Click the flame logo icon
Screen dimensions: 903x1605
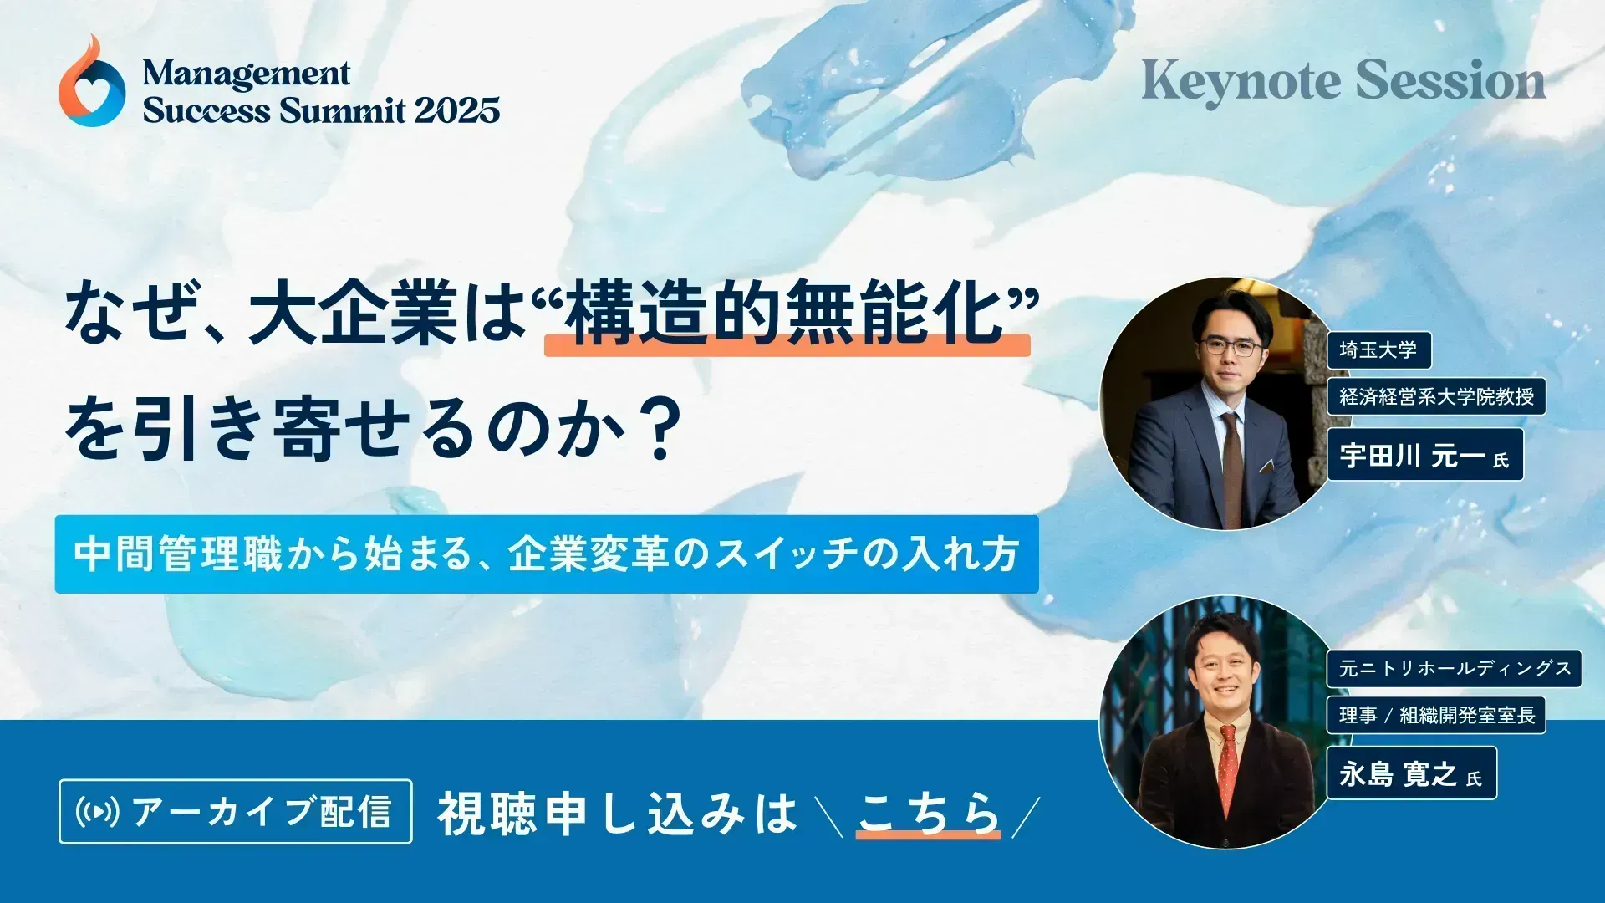click(92, 84)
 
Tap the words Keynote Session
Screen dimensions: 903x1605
click(1343, 82)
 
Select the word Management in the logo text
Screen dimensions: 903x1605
click(246, 74)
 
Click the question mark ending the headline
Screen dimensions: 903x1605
click(662, 430)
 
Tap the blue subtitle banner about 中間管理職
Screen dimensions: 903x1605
click(547, 554)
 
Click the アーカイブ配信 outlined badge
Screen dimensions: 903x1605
click(236, 811)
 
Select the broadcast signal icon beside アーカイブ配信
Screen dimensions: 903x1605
click(98, 811)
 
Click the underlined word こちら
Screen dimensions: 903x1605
click(928, 813)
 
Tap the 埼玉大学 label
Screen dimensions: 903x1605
click(1378, 349)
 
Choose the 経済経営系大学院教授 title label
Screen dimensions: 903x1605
click(1436, 396)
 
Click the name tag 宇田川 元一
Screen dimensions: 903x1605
click(1424, 456)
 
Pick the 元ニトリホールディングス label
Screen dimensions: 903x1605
click(1454, 669)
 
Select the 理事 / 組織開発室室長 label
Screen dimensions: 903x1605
click(1436, 715)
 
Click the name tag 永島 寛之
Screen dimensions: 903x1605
click(1411, 774)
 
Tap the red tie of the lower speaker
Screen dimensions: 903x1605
click(1227, 769)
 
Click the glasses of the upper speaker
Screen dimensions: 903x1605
click(1230, 347)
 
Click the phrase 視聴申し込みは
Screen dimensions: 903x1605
click(618, 814)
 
